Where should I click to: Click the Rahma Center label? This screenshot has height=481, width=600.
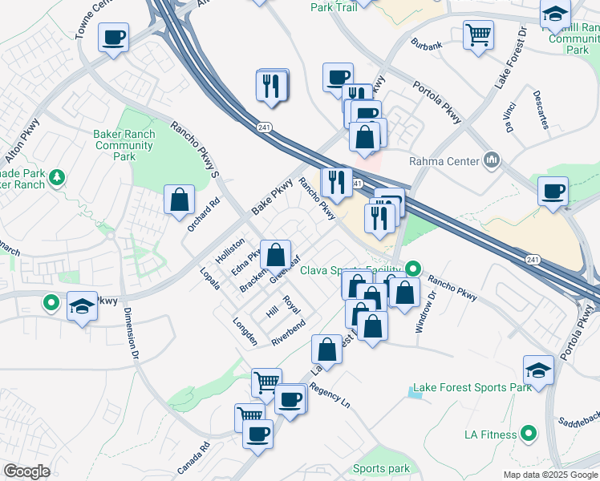pos(443,161)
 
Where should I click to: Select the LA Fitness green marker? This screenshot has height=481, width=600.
pos(528,435)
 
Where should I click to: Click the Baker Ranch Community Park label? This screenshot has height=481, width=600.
pos(124,145)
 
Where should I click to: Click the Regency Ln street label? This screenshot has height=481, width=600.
pos(330,394)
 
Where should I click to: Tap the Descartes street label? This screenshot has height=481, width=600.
pos(539,110)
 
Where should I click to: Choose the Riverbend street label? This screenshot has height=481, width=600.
pos(288,332)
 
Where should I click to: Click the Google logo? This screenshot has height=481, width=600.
pos(26,471)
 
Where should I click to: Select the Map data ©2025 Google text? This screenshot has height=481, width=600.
pos(550,475)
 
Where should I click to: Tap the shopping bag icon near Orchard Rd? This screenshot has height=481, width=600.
pos(179,199)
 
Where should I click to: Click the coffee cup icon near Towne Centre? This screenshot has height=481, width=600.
pos(113,36)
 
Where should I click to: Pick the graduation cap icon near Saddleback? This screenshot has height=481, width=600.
pos(538,369)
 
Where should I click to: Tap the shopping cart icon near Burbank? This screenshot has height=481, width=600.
pos(478,34)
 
